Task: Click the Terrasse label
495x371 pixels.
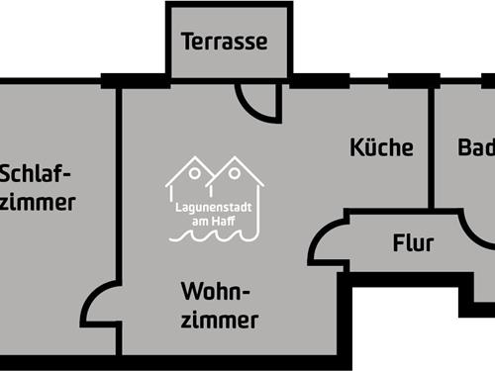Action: click(x=225, y=42)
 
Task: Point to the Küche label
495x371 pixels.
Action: click(x=381, y=147)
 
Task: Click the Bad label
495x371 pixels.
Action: click(x=476, y=147)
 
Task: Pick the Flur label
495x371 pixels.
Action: click(x=412, y=242)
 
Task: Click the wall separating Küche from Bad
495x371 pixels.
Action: click(x=432, y=148)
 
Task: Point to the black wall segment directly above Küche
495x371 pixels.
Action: click(x=413, y=80)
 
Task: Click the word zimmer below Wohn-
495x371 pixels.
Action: click(x=220, y=320)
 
